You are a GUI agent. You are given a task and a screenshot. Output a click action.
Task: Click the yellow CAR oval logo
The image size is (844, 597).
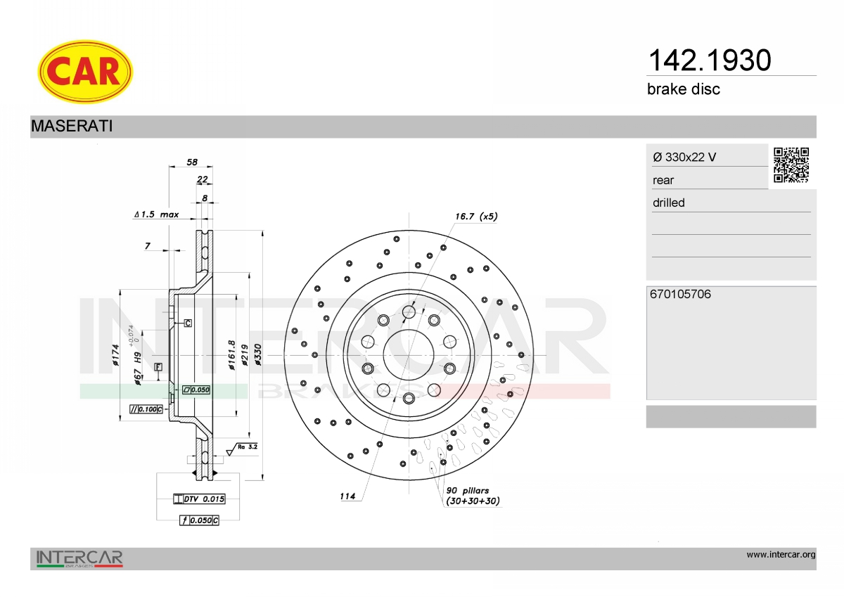pos(85,72)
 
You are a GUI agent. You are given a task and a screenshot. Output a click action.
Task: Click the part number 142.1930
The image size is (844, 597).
pos(710,60)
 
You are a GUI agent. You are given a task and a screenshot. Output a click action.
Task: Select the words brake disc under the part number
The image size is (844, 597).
pos(684,89)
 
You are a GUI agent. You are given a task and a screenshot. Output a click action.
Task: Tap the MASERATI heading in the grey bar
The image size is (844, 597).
pos(72,126)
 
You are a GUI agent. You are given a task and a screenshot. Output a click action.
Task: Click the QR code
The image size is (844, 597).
pos(791,165)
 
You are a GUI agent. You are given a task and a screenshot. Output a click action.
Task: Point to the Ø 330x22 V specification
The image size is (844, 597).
pos(684,157)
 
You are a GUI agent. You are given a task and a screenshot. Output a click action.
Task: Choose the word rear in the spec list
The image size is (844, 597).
pos(663,181)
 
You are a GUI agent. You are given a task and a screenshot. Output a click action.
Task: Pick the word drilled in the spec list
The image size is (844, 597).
pos(668,203)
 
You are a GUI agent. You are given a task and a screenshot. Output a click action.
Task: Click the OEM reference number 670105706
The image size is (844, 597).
pos(681,294)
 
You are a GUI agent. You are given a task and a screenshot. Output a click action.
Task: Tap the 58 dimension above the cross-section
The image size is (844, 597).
pos(192,162)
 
